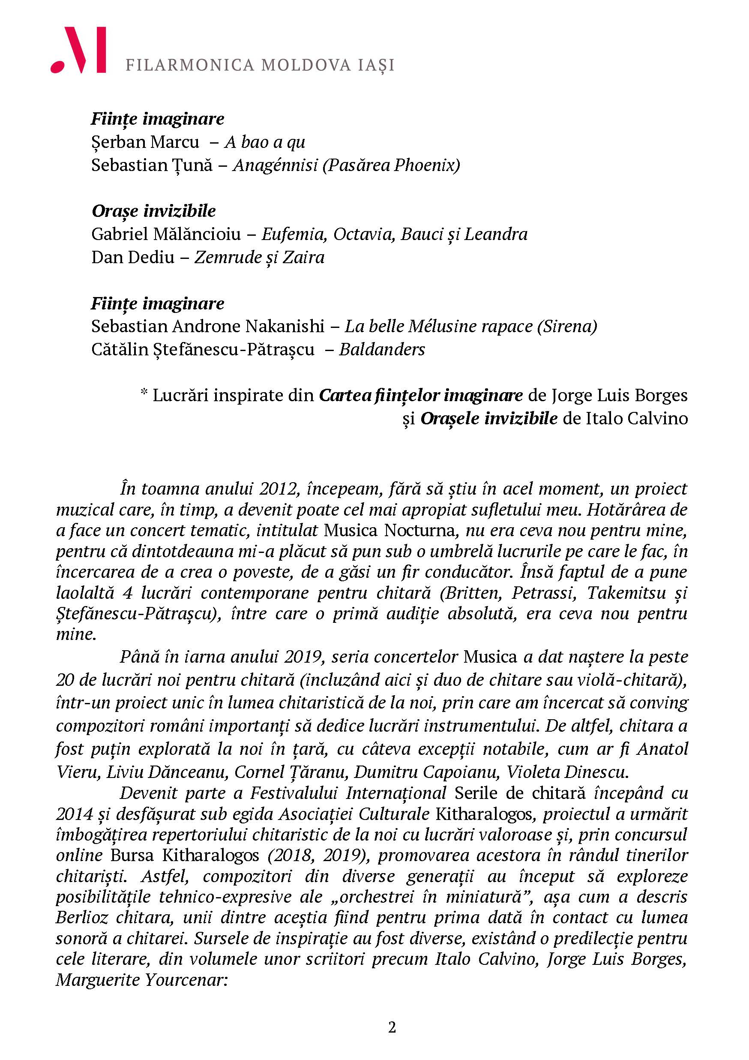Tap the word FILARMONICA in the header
190,65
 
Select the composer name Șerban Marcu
145,142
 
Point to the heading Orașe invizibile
154,211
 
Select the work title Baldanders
382,349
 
